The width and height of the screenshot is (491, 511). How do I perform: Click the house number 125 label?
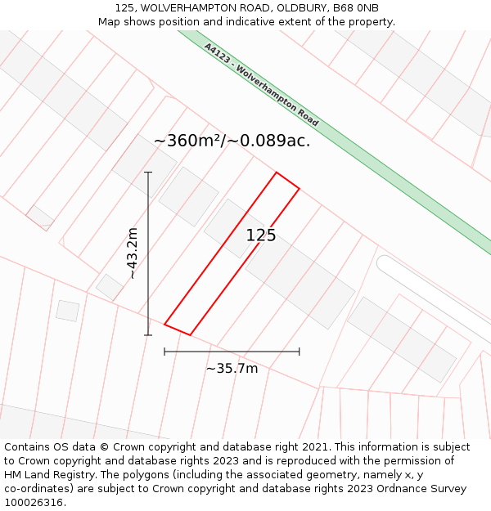[x=261, y=235]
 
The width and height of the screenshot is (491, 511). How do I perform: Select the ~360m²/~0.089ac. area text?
[x=232, y=141]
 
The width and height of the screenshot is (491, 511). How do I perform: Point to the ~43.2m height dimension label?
[x=133, y=253]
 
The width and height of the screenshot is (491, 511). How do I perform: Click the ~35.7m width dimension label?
[x=232, y=369]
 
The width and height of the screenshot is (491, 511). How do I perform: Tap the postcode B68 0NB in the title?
[x=356, y=7]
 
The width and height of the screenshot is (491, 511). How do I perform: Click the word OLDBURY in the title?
[x=295, y=7]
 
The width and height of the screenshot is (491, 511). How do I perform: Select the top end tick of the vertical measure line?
[x=148, y=173]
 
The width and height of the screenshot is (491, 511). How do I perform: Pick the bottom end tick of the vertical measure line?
[x=148, y=334]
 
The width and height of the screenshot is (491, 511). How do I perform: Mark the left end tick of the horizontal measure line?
[x=164, y=352]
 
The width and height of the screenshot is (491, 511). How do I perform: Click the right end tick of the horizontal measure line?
[x=300, y=352]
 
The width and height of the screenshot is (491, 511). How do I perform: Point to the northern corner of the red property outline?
[x=277, y=173]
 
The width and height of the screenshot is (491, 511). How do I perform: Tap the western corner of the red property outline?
[x=164, y=325]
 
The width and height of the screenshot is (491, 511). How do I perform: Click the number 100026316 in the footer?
[x=33, y=503]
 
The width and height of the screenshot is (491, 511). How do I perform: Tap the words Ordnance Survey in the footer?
[x=421, y=489]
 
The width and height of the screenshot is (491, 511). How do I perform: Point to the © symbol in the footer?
[x=105, y=447]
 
